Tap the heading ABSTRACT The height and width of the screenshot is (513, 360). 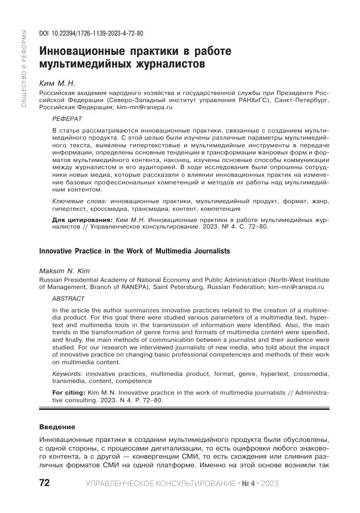pyautogui.click(x=69, y=299)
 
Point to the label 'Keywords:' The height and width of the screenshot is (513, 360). pyautogui.click(x=69, y=373)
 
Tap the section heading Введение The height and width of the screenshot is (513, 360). pyautogui.click(x=57, y=426)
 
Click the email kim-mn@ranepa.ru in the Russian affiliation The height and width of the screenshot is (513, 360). pyautogui.click(x=144, y=108)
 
